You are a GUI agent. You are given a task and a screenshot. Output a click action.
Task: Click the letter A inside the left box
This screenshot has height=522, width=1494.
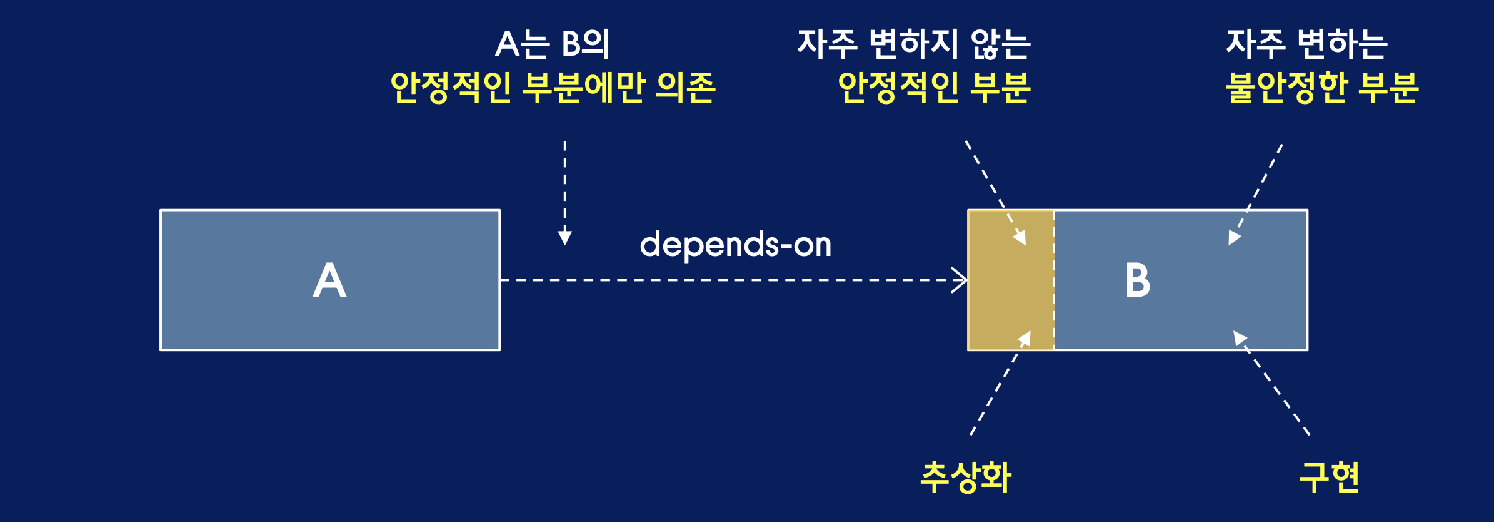click(x=329, y=280)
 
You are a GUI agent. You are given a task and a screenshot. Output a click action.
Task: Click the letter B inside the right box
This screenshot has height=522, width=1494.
click(x=1138, y=280)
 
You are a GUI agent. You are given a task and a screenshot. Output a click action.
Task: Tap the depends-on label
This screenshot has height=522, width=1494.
click(x=735, y=244)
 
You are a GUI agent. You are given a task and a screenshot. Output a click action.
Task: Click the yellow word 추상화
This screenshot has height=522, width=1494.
click(x=966, y=477)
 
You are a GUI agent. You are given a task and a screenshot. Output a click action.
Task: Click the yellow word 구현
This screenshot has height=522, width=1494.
click(x=1330, y=477)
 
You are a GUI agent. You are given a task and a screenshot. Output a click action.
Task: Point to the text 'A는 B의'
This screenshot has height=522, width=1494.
click(x=552, y=44)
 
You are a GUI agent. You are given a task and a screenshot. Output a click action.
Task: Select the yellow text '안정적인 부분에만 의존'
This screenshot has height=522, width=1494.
click(x=553, y=87)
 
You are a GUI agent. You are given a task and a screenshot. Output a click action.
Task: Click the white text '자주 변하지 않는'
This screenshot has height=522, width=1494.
click(x=913, y=44)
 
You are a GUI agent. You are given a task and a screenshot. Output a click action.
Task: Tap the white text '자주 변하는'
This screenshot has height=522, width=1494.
click(x=1306, y=44)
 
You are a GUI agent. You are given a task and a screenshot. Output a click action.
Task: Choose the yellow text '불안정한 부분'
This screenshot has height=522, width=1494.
click(x=1322, y=87)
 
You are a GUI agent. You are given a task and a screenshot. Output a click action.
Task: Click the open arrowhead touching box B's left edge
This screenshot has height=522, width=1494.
click(x=960, y=280)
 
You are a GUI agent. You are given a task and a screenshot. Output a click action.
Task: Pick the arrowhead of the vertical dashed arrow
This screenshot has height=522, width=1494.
click(x=565, y=238)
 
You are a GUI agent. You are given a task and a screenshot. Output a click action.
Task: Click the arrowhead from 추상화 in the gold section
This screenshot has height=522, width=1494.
click(x=1025, y=339)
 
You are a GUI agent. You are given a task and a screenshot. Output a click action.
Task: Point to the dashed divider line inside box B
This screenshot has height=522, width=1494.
click(x=1054, y=280)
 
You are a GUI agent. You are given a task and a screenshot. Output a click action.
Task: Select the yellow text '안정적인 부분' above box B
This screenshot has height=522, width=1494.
click(x=934, y=87)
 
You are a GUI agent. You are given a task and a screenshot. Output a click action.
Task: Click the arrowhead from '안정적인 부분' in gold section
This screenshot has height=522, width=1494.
click(x=1020, y=238)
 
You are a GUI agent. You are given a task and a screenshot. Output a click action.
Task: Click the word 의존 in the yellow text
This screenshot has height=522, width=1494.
click(x=685, y=87)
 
